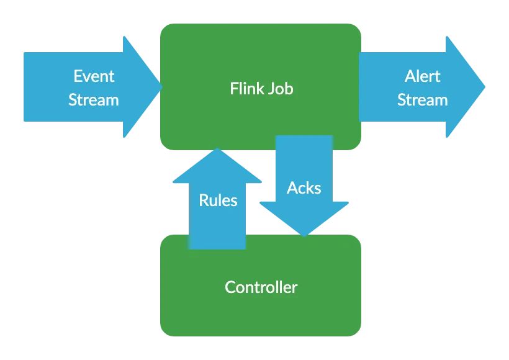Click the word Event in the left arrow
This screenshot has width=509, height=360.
[x=94, y=76]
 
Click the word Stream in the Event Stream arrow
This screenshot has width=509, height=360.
[x=94, y=100]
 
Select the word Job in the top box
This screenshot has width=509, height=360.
[x=281, y=89]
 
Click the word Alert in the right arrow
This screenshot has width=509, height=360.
[x=423, y=76]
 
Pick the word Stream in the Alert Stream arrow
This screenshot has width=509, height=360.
[x=423, y=100]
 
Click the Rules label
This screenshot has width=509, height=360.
[x=218, y=200]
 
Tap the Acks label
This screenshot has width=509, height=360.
[x=304, y=188]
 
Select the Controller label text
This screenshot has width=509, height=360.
[x=261, y=287]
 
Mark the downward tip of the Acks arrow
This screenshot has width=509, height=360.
[x=305, y=235]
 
